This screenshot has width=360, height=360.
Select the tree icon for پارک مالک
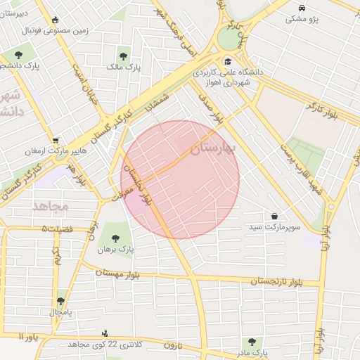[123, 55]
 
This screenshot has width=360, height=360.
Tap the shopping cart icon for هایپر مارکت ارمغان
[56, 140]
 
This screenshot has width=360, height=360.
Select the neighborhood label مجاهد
[50, 206]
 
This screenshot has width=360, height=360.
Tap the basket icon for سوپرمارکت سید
[274, 216]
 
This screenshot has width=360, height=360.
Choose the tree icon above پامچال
[61, 300]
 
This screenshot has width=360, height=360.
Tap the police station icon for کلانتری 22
[105, 333]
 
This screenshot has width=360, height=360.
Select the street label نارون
[173, 345]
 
